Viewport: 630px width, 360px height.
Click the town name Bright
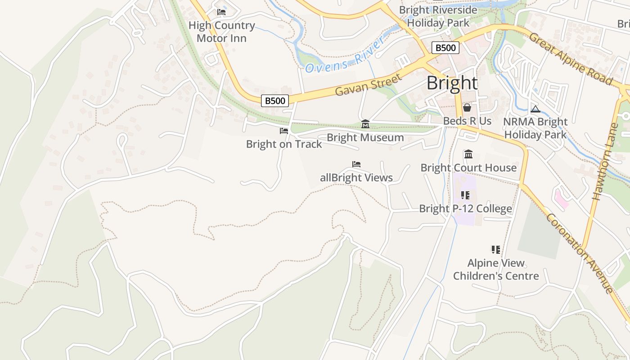pos(452,83)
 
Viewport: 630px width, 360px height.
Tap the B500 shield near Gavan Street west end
pos(274,101)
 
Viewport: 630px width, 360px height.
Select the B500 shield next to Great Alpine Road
pos(445,48)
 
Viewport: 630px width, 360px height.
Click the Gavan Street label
pos(368,85)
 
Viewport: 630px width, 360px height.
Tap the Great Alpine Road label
pos(571,59)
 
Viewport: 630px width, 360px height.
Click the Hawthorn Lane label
pos(603,162)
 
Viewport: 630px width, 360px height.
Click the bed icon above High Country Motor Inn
pos(221,12)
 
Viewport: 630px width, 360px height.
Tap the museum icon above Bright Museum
pos(365,124)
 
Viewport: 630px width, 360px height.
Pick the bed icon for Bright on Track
pos(283,131)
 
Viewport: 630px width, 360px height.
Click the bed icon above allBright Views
pos(356,165)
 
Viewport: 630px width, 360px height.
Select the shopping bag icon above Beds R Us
pos(467,108)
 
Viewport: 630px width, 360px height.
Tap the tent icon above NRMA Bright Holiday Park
pos(535,109)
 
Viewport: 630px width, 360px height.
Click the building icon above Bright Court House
pos(468,154)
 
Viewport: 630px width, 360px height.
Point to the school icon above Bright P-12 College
pos(465,195)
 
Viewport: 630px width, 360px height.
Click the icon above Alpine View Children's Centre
pos(496,249)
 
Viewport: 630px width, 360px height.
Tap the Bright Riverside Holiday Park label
pos(438,16)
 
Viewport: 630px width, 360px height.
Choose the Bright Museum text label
pos(365,138)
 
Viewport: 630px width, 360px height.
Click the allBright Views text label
pos(356,178)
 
